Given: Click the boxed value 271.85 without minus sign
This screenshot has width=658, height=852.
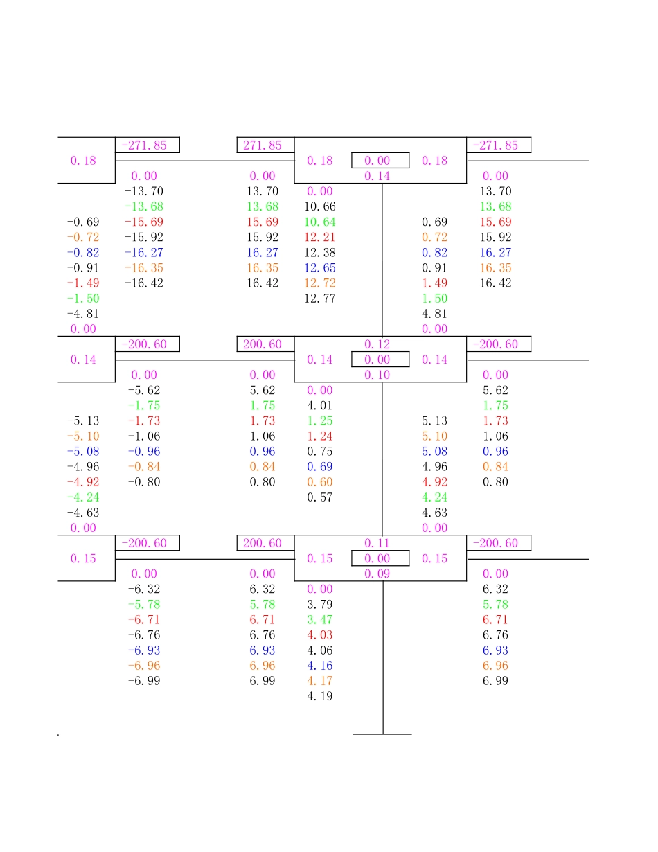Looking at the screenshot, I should coord(263,145).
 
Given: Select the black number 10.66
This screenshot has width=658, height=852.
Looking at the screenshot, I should coord(320,206).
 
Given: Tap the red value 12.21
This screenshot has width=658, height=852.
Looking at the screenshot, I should coord(320,238).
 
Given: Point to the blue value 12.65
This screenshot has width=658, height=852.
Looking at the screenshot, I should coord(320,268).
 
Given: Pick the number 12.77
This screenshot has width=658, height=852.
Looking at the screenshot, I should coord(320,299).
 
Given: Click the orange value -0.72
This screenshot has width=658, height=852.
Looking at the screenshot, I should coord(83,238).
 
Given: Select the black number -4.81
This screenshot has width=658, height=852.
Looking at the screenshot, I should coord(83,314).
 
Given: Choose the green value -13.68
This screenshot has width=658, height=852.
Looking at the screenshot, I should coord(144,206).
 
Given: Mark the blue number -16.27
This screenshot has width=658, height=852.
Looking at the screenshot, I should coord(144,253).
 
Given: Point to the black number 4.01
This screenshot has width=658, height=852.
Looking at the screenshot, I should coord(320,405).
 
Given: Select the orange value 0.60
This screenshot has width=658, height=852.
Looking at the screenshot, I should coord(320,482).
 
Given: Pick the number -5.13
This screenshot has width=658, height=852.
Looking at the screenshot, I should coord(83,420).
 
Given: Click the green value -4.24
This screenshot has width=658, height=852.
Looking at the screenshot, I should coord(83,497).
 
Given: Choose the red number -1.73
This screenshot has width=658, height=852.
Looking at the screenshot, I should coord(144,420).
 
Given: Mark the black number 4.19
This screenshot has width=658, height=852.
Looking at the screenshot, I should coord(320,696).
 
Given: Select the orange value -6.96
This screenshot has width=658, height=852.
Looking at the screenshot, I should coord(144,666).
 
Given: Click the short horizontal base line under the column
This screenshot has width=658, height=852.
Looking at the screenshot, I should coord(382,734).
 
